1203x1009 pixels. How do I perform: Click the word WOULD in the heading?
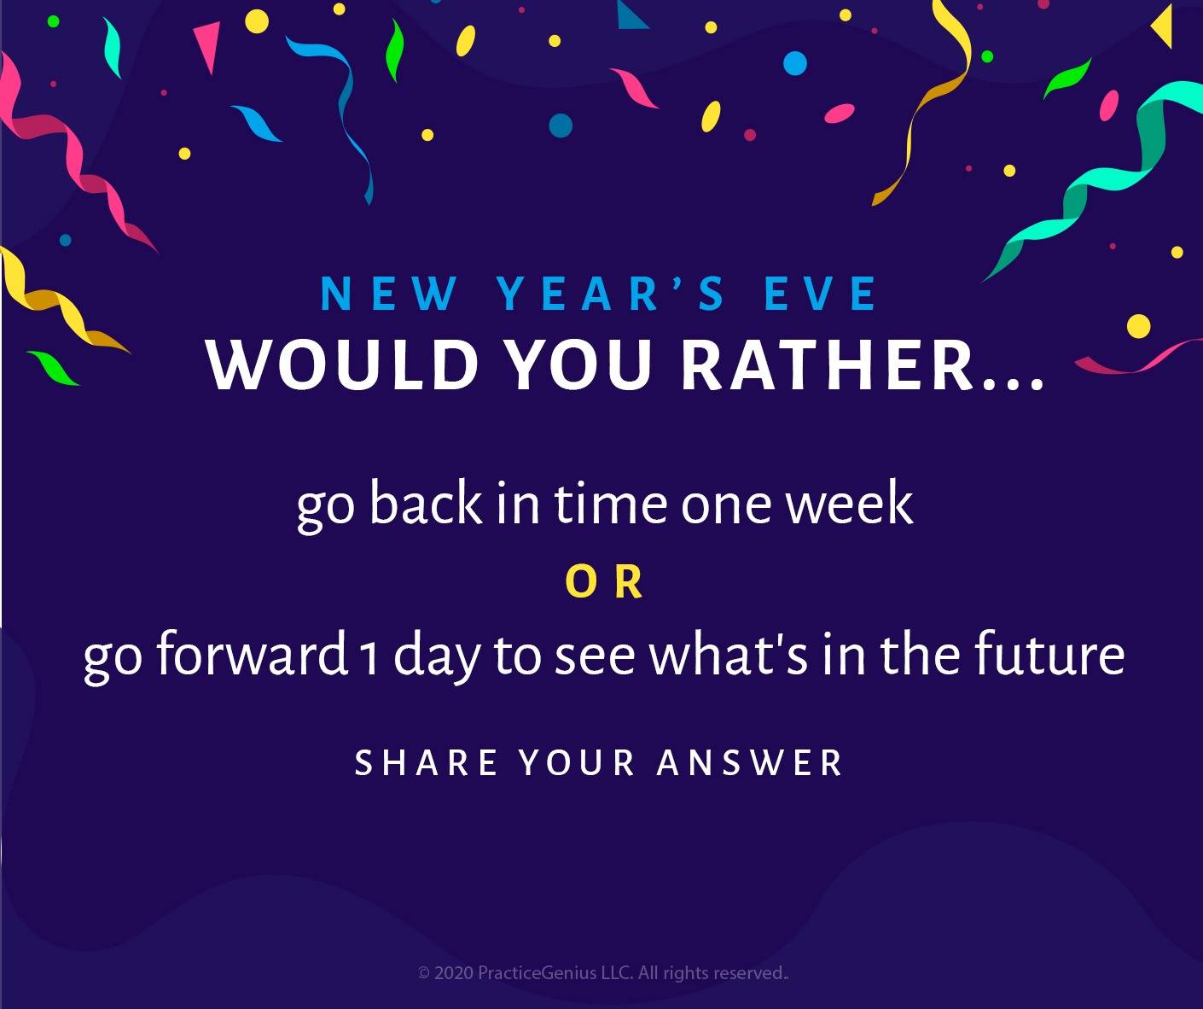(x=343, y=365)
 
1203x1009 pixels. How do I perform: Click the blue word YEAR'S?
(x=611, y=294)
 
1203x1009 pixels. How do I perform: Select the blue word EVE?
(x=819, y=294)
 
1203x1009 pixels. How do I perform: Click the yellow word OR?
(x=603, y=582)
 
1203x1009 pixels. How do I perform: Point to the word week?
(x=850, y=502)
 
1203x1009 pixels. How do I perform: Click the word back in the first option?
(x=425, y=502)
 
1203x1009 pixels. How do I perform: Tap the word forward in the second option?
(x=252, y=653)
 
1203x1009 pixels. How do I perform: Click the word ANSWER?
(x=750, y=762)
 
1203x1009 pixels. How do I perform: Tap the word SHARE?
(x=426, y=762)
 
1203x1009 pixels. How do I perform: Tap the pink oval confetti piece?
(x=840, y=113)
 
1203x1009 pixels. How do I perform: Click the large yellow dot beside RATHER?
(x=1138, y=326)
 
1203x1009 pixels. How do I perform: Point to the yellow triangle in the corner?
(x=1162, y=26)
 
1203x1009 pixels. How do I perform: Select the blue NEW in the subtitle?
(x=389, y=294)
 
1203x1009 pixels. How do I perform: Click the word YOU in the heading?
(x=581, y=365)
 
